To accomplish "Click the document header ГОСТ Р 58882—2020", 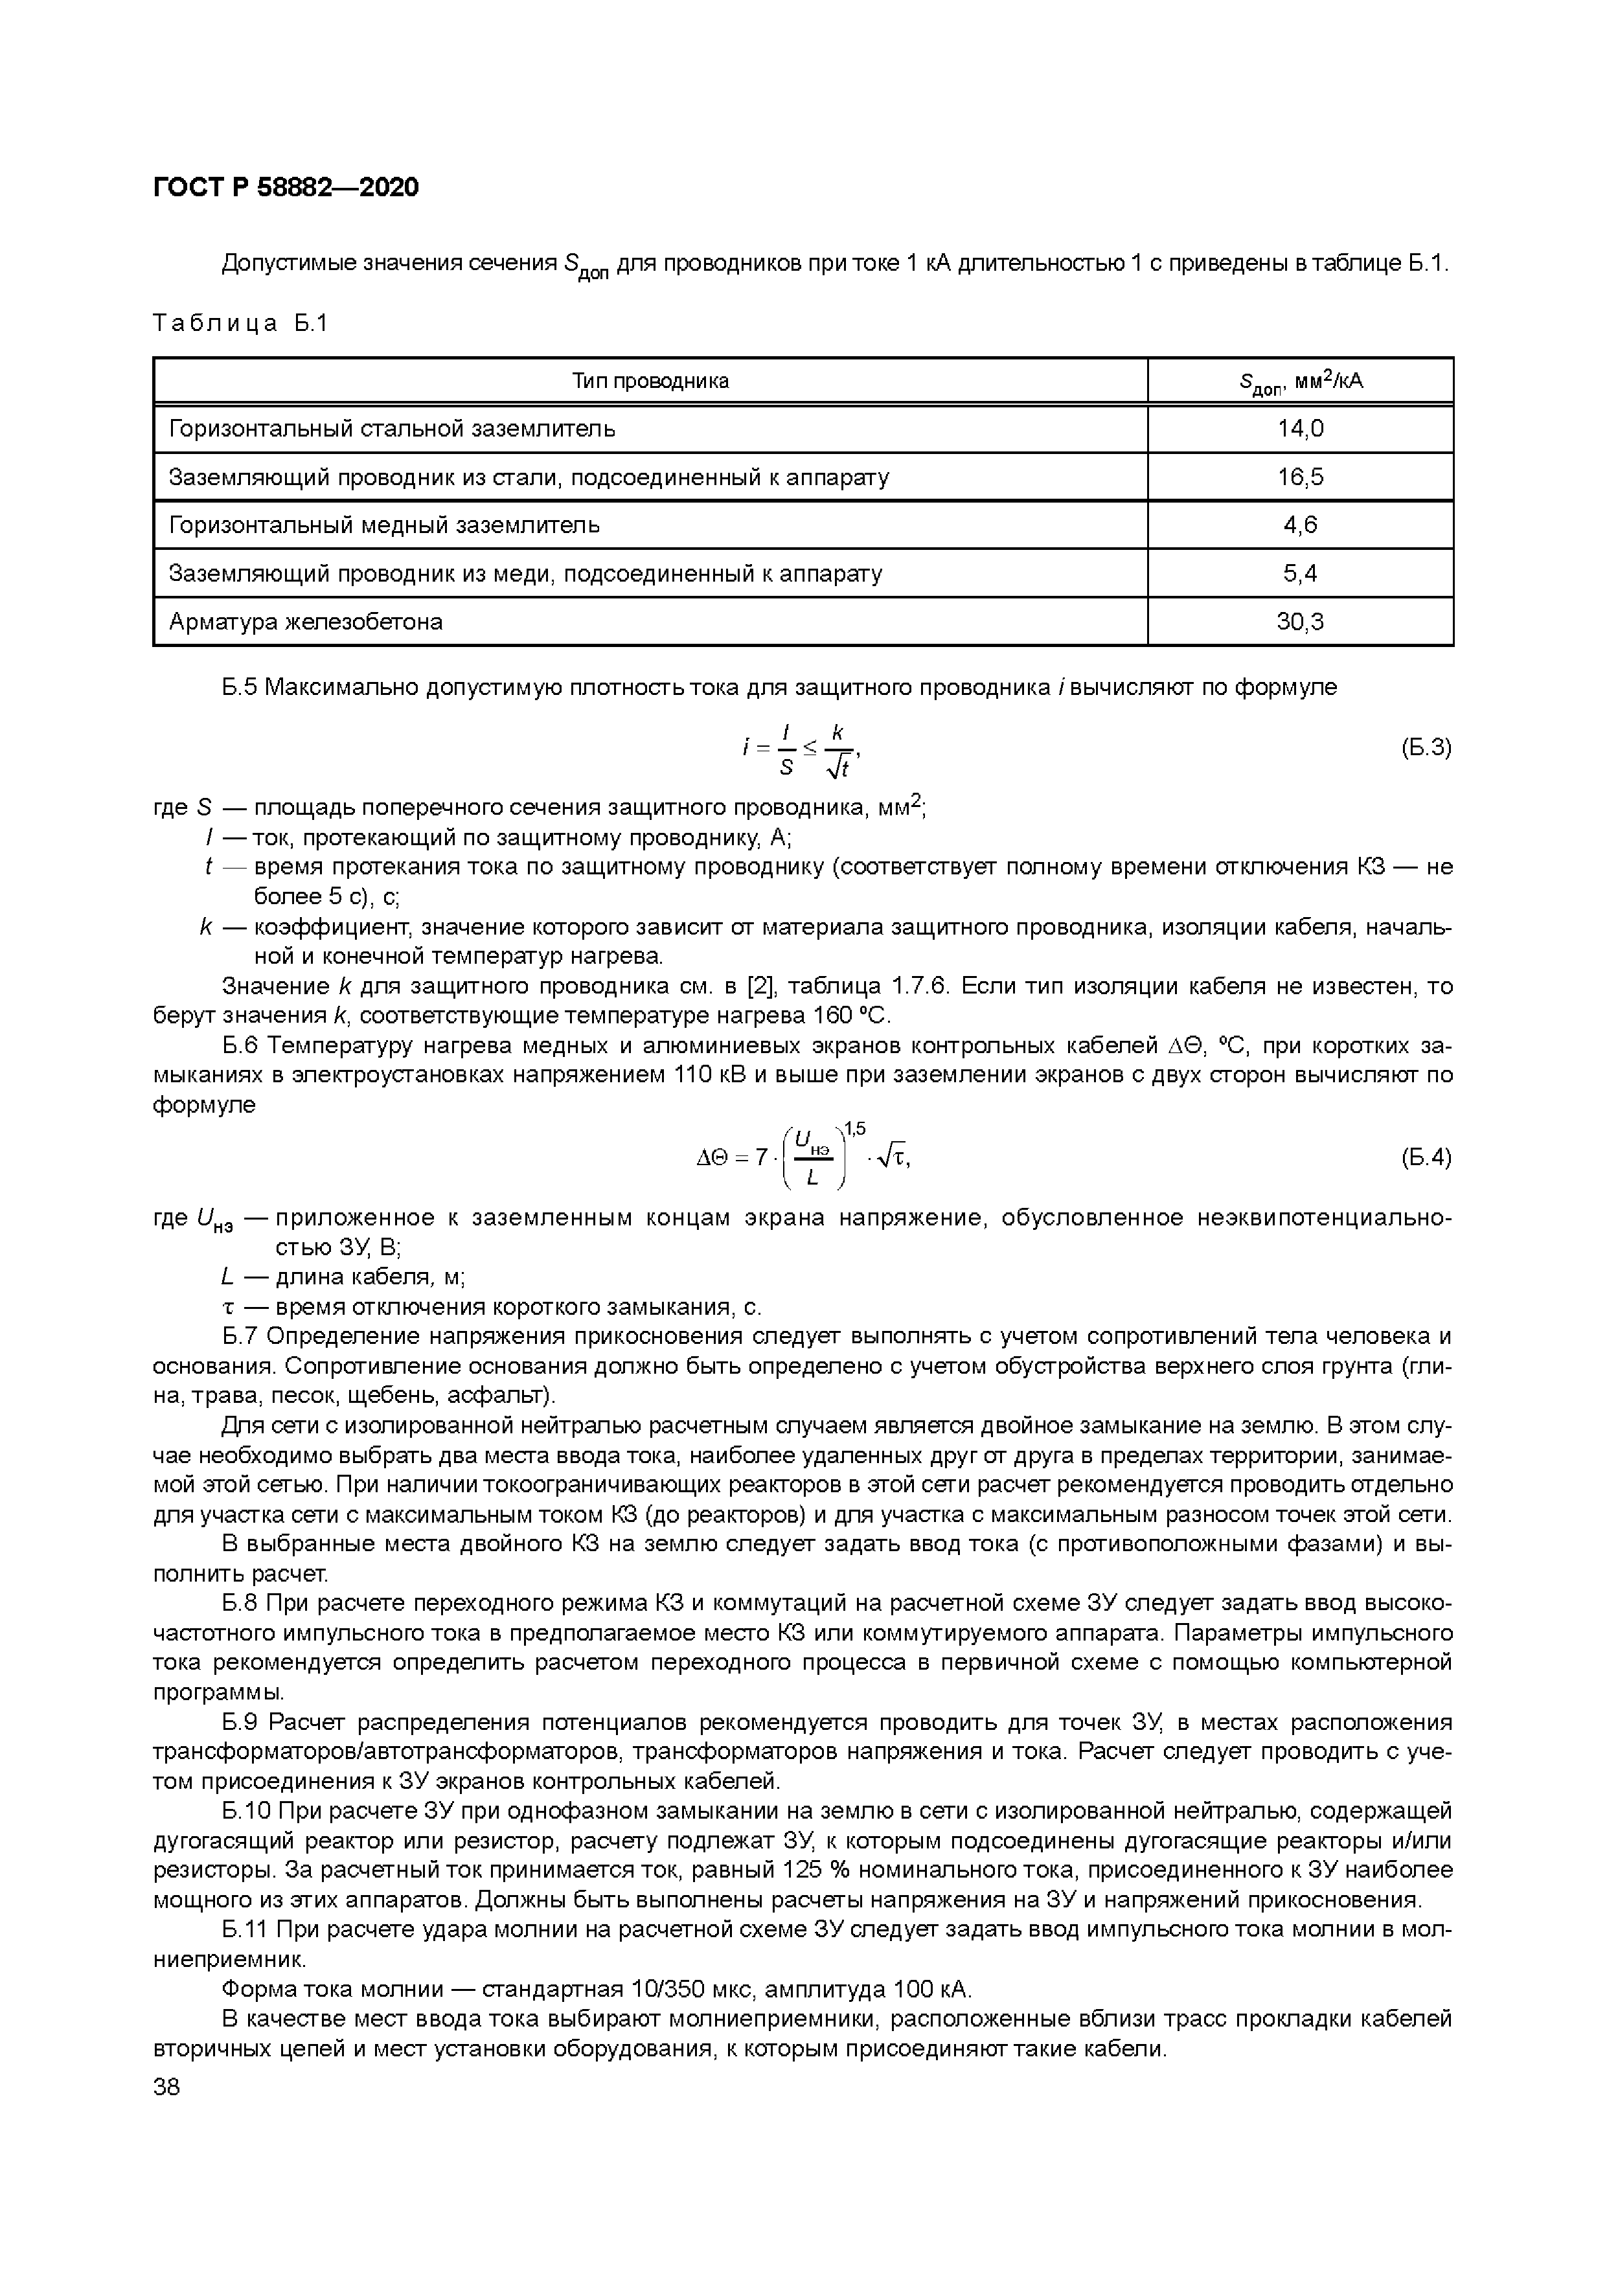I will point(286,187).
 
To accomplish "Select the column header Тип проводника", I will point(650,381).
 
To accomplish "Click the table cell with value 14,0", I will point(1299,429).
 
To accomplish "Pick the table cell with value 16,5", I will point(1299,477).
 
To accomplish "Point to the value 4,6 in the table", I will point(1299,525).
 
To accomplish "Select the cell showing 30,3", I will point(1299,622).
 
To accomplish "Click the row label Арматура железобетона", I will point(306,622).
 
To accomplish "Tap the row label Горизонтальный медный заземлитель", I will point(384,525).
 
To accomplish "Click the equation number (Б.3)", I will point(1425,748).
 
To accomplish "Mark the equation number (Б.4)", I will point(1425,1157).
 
